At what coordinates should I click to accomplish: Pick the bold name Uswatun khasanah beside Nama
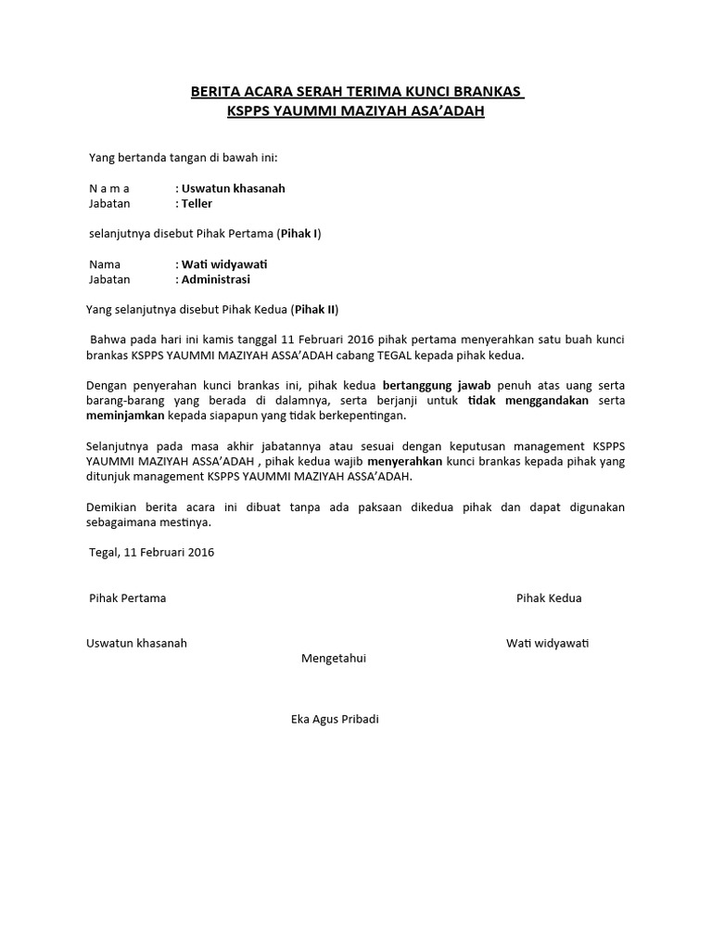[x=234, y=188]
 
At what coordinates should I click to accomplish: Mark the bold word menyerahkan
[x=404, y=461]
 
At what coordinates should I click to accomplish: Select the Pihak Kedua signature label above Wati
[x=549, y=598]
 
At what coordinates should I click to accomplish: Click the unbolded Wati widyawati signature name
[x=548, y=643]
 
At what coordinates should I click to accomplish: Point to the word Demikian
[x=111, y=507]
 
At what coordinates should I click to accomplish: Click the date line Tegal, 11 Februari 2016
[x=152, y=552]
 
